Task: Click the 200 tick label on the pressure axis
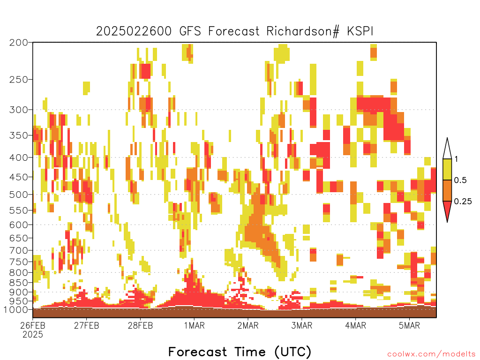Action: pyautogui.click(x=18, y=43)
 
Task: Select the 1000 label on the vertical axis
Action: pyautogui.click(x=15, y=309)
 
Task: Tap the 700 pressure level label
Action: pyautogui.click(x=18, y=250)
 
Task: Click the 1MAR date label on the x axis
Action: pyautogui.click(x=194, y=325)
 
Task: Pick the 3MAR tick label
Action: pyautogui.click(x=301, y=325)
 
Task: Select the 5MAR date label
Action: pyautogui.click(x=409, y=325)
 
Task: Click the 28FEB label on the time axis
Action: pyautogui.click(x=140, y=325)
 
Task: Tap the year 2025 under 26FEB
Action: pyautogui.click(x=33, y=335)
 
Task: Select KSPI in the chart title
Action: pyautogui.click(x=360, y=31)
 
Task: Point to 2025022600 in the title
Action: pyautogui.click(x=134, y=31)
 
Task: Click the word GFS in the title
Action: pyautogui.click(x=190, y=31)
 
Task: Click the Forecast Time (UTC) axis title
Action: pyautogui.click(x=240, y=352)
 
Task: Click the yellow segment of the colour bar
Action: pyautogui.click(x=447, y=169)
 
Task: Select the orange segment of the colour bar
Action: pyautogui.click(x=447, y=190)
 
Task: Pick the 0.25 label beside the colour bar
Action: pyautogui.click(x=463, y=202)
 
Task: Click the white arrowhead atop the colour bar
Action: pyautogui.click(x=447, y=149)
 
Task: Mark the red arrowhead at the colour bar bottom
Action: pyautogui.click(x=447, y=210)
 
